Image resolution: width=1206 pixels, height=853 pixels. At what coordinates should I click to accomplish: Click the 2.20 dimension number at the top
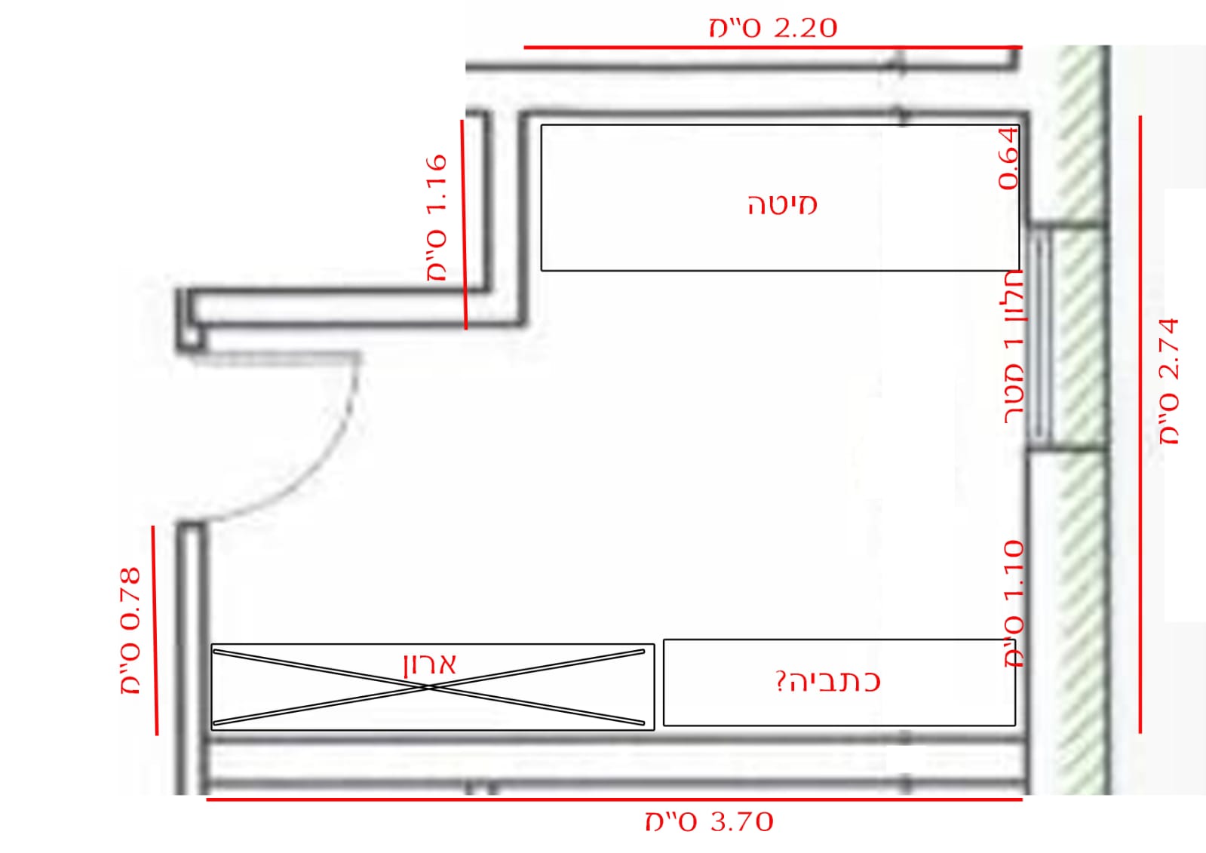(805, 27)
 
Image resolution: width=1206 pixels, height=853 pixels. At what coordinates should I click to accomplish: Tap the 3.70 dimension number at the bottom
(742, 822)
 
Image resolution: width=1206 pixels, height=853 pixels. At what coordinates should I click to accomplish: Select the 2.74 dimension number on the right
(1169, 349)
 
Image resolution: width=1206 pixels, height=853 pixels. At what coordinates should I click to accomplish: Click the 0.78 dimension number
(130, 598)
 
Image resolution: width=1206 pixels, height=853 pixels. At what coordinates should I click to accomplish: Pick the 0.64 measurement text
(1008, 159)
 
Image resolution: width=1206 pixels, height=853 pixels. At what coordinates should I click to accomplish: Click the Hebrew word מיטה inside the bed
(782, 205)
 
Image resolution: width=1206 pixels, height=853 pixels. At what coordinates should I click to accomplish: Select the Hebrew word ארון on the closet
(430, 664)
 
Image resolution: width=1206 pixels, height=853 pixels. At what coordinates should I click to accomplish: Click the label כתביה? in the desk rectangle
(828, 681)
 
